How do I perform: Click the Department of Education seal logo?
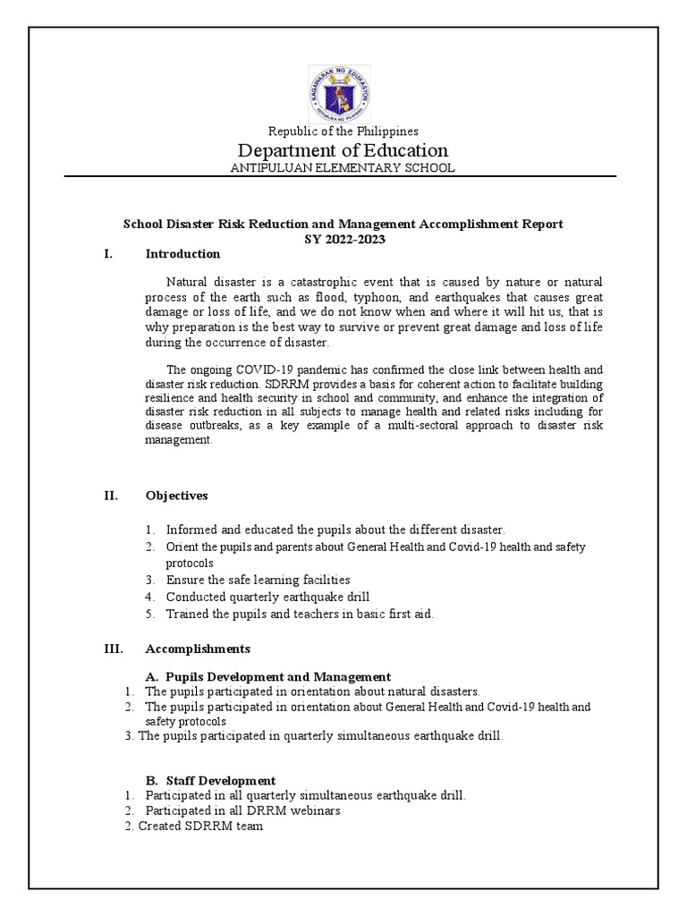coord(343,94)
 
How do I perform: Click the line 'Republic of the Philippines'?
coord(343,131)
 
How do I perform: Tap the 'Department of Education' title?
coord(343,150)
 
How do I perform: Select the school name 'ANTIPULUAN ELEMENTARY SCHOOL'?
coord(343,168)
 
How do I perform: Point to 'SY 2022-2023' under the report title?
coord(343,239)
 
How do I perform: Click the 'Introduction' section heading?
coord(182,254)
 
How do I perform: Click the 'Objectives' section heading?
coord(176,495)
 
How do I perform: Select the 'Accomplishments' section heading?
coord(198,649)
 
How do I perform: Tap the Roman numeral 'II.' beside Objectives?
coord(110,495)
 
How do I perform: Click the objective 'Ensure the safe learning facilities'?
coord(258,580)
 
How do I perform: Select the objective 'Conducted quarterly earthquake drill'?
coord(267,597)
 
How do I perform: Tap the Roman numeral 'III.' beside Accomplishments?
coord(113,649)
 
